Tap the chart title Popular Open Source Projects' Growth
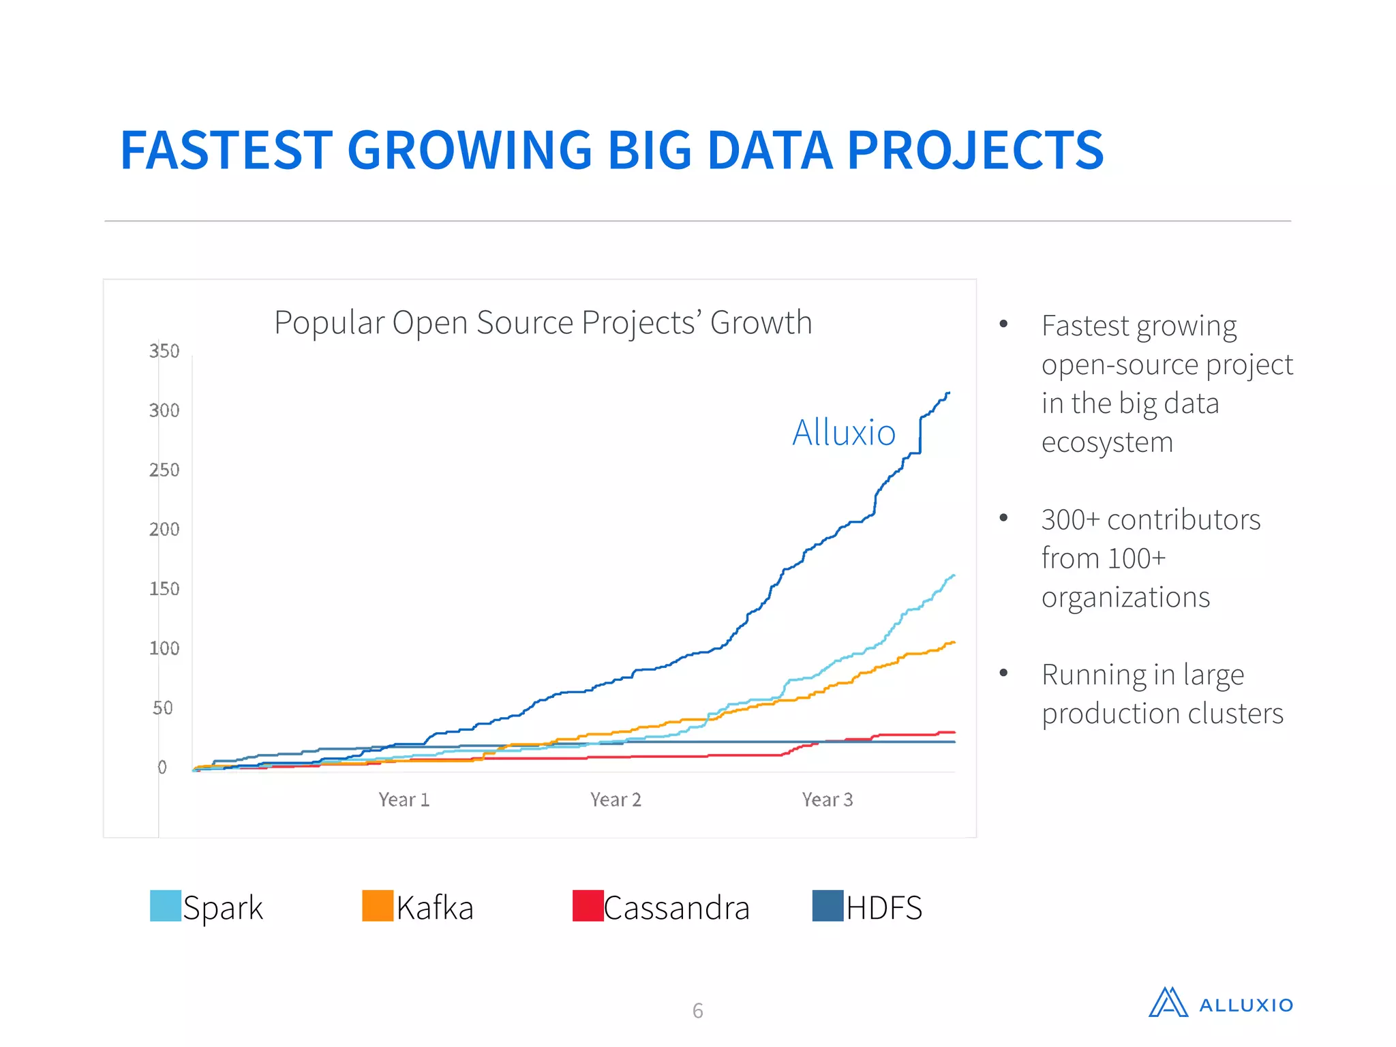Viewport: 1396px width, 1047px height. (x=543, y=322)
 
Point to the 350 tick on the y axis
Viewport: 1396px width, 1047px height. (x=164, y=351)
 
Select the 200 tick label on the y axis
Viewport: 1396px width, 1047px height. (x=164, y=530)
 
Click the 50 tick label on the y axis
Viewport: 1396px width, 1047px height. (x=163, y=708)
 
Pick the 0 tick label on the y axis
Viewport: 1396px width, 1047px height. (x=162, y=768)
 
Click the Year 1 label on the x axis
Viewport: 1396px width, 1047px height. (x=404, y=800)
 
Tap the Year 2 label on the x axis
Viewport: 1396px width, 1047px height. (x=616, y=800)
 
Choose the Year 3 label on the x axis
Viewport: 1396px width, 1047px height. (x=827, y=800)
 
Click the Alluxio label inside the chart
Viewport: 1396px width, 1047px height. (x=843, y=433)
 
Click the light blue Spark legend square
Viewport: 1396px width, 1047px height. (x=166, y=906)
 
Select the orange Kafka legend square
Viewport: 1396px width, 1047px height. (x=378, y=906)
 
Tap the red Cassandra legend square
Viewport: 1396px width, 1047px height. (x=588, y=906)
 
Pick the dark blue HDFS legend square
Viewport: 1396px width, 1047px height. (x=828, y=906)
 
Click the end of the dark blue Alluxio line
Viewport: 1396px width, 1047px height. (x=948, y=393)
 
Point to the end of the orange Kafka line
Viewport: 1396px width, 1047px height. (x=954, y=642)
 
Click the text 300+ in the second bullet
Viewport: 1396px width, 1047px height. (x=1070, y=520)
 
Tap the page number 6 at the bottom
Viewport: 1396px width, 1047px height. (x=697, y=1010)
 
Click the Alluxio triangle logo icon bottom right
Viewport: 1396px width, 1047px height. (x=1168, y=1003)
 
